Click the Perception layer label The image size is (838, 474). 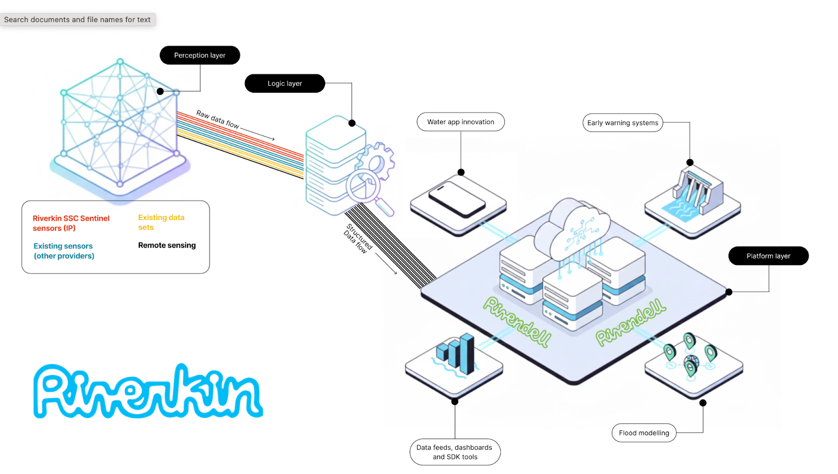point(200,55)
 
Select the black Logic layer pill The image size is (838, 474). point(284,83)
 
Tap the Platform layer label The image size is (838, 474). point(768,256)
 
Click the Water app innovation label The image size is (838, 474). point(460,122)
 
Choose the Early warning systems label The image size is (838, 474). point(622,123)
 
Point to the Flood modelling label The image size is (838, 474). point(644,433)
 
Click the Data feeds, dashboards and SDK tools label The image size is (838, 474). point(455,451)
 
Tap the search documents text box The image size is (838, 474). point(78,19)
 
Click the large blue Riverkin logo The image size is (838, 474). point(148,391)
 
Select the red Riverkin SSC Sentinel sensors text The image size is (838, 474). point(71,223)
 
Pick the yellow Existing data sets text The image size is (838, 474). point(161,222)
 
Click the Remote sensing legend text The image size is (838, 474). point(167,245)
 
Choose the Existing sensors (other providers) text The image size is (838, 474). point(63,251)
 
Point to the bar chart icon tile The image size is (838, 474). point(455,356)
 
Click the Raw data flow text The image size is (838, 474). point(218,119)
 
